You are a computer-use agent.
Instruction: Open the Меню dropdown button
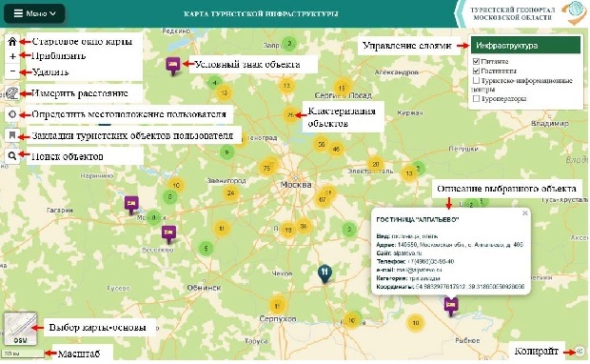click(34, 14)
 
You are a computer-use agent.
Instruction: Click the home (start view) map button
click(11, 42)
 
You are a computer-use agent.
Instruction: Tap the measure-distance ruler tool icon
click(11, 92)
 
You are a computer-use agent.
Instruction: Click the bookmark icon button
click(11, 135)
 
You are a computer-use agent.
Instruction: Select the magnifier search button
click(11, 155)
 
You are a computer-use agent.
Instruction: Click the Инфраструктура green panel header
click(524, 45)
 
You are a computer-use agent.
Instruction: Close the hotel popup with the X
click(524, 213)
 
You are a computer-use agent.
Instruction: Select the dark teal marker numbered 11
click(324, 273)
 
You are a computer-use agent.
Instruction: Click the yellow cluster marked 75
click(266, 168)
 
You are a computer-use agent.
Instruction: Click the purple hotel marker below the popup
click(451, 304)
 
